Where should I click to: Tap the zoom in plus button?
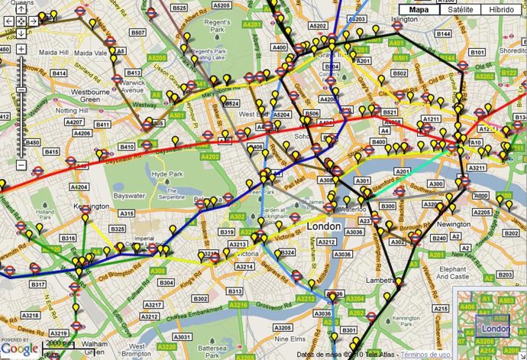(21, 49)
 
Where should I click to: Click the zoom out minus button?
(21, 165)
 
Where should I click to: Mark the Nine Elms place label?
(289, 339)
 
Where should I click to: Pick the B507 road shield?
(138, 33)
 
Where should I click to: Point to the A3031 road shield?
(182, 336)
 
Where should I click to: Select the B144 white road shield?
(443, 34)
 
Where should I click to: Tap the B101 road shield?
(477, 52)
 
